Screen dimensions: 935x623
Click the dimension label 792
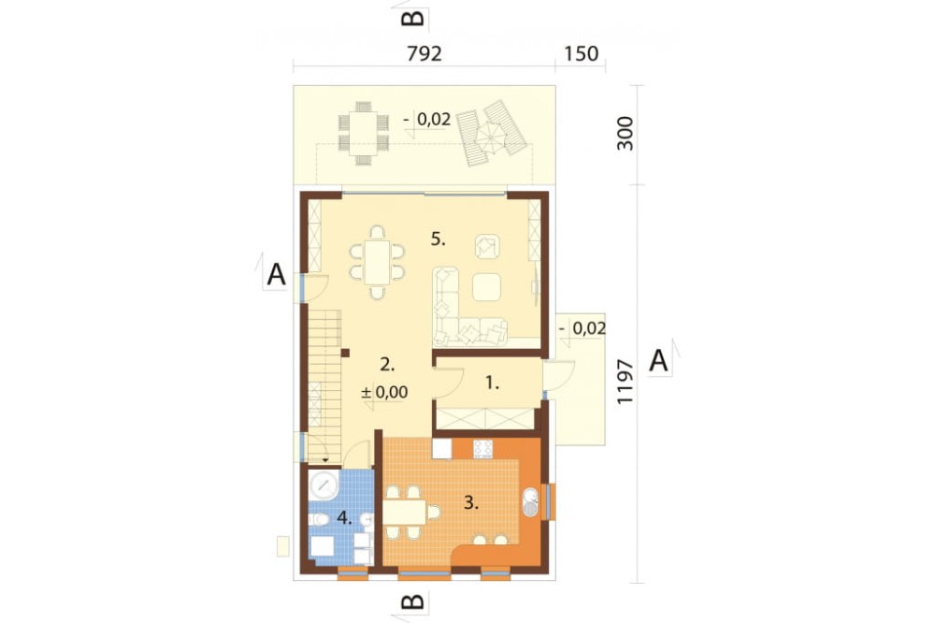(424, 53)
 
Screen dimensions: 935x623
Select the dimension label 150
(581, 53)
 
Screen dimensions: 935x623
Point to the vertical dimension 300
(625, 133)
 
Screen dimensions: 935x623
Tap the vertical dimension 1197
(625, 382)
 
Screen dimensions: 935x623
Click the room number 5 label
(439, 239)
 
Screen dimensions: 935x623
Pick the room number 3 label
(471, 502)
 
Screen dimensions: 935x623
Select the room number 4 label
(344, 517)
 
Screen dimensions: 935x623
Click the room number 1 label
(492, 384)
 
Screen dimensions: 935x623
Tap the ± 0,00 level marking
(384, 392)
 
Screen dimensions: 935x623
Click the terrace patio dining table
(363, 134)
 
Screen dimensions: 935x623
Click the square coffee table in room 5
(487, 287)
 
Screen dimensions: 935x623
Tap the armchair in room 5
(487, 246)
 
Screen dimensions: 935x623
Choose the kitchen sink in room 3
(530, 501)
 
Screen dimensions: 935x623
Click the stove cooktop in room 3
(482, 449)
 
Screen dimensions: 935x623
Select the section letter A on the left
(276, 275)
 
